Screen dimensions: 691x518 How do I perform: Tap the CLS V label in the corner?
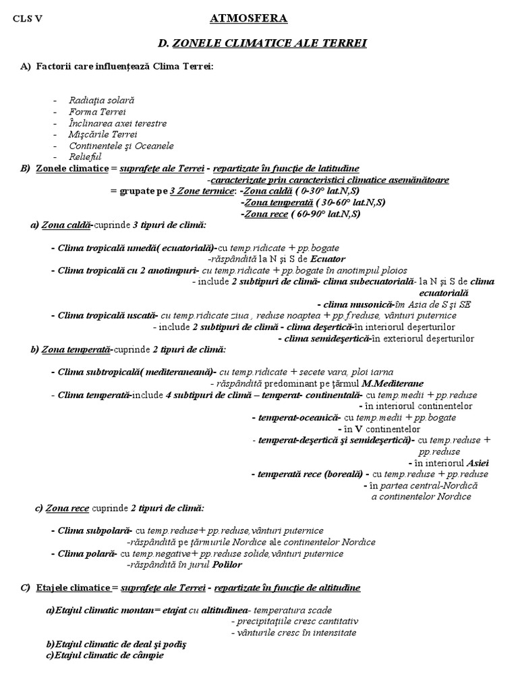(28, 19)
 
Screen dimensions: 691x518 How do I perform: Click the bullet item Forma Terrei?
(97, 111)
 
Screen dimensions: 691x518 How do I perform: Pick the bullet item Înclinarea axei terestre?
(117, 123)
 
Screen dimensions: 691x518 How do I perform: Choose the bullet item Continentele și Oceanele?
(121, 146)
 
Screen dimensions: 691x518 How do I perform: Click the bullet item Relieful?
(85, 157)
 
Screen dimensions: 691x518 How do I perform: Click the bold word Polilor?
(227, 565)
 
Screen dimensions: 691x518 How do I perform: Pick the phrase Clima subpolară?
(94, 531)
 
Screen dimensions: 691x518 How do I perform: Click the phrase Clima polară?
(86, 554)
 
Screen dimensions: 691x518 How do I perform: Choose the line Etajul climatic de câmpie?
(105, 655)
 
